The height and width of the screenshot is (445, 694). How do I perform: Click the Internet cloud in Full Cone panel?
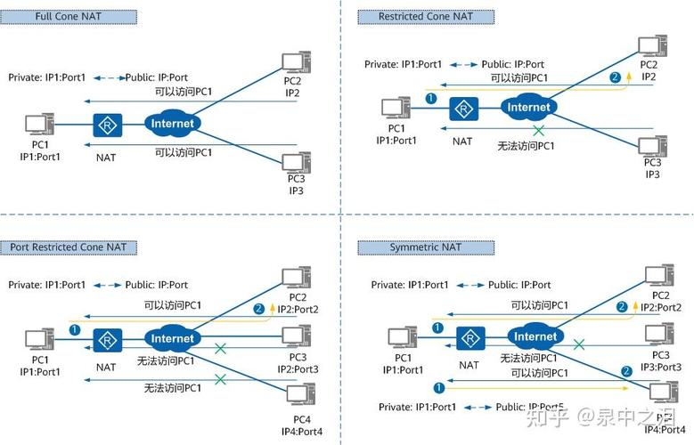click(172, 124)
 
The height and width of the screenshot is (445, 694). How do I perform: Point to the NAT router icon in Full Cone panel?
click(106, 125)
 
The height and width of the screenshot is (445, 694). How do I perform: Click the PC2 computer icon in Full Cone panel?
click(293, 63)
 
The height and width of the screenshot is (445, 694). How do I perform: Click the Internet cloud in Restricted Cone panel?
click(528, 107)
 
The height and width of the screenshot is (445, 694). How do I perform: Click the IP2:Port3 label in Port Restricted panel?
click(297, 368)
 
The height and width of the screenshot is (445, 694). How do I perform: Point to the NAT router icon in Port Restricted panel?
click(106, 340)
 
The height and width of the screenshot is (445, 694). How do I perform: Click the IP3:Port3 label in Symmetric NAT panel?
click(660, 367)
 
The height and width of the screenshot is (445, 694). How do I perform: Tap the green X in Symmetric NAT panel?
click(579, 344)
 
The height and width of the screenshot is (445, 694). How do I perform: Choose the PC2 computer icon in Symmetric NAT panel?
click(659, 275)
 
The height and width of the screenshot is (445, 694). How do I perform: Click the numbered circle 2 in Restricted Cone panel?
click(614, 77)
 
